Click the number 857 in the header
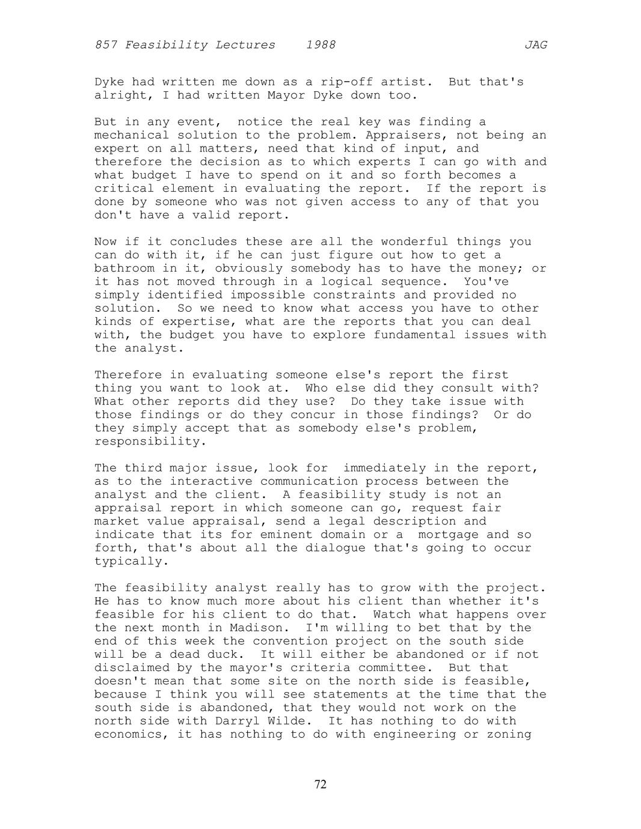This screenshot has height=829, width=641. (106, 45)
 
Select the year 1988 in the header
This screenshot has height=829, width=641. (320, 45)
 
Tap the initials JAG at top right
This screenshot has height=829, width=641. (536, 45)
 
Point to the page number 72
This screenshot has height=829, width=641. (320, 784)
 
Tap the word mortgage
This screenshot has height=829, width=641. (449, 535)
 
